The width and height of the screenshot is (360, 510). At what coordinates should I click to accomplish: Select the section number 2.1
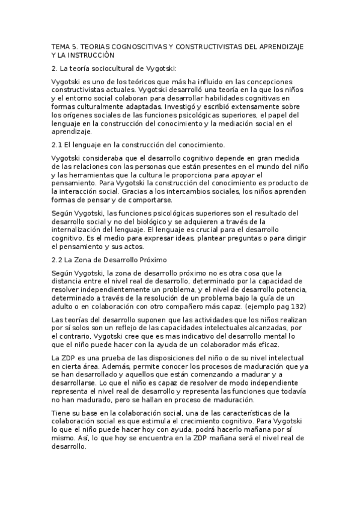click(57, 144)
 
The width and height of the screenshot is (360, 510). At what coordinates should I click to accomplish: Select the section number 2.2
click(57, 259)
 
